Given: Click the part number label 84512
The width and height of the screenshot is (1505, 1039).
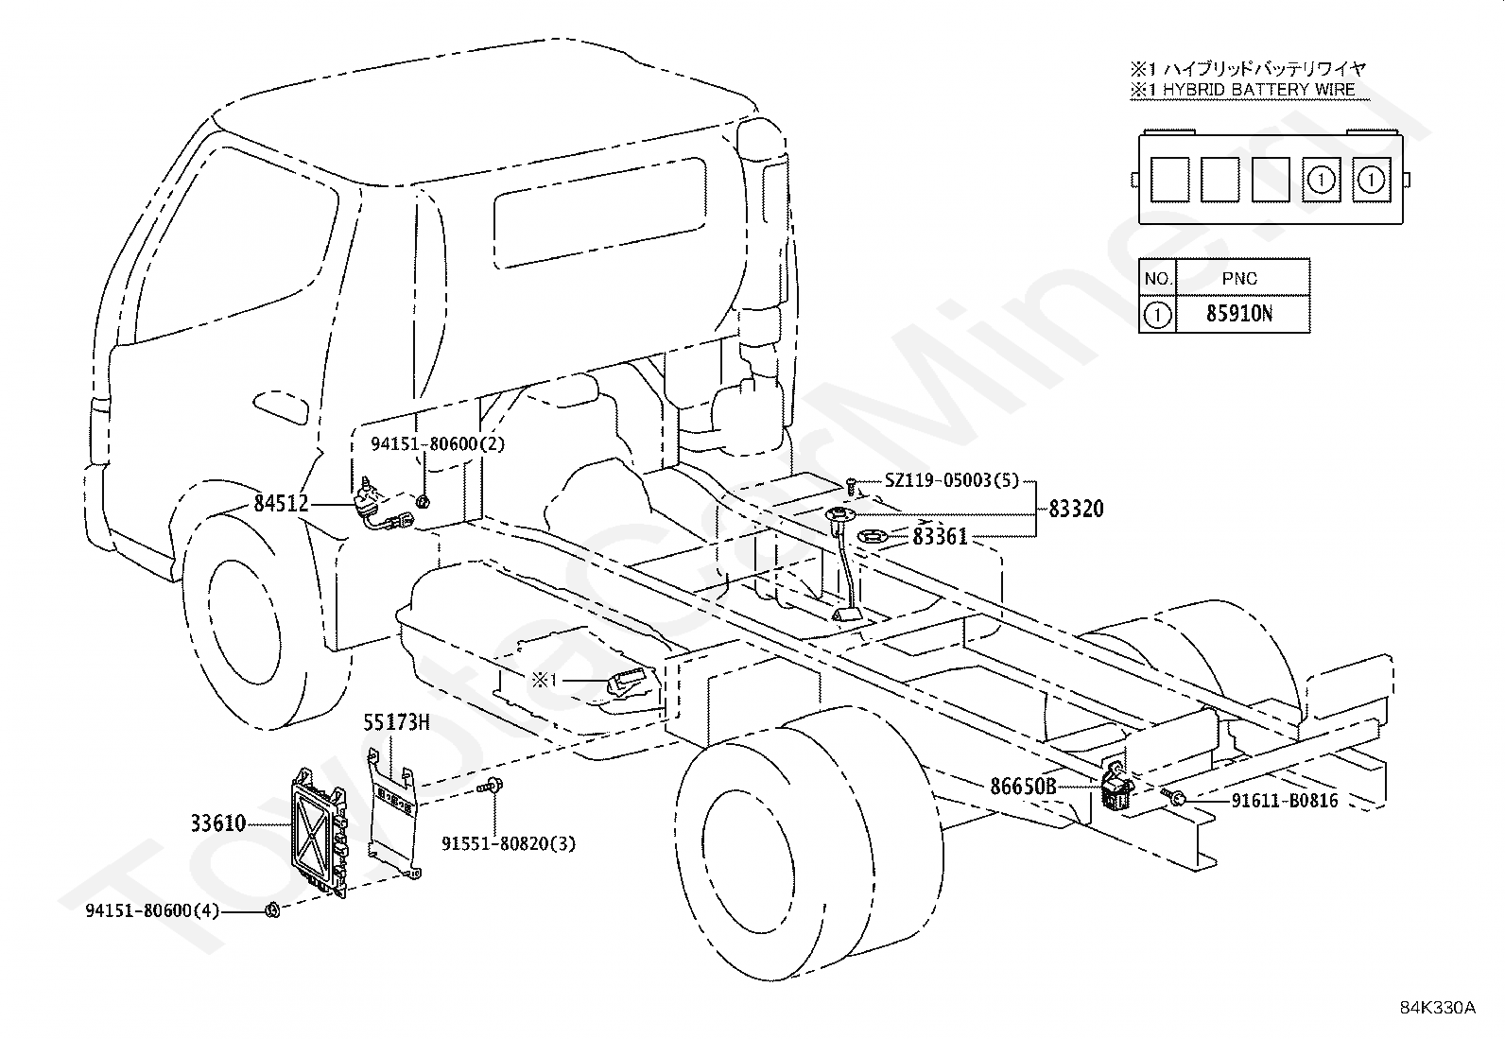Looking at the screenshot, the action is pyautogui.click(x=281, y=503).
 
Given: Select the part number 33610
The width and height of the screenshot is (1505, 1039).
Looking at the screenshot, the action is pyautogui.click(x=218, y=823).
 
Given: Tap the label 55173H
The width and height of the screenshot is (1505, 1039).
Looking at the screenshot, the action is pyautogui.click(x=396, y=722).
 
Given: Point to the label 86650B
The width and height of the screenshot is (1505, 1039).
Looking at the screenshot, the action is pyautogui.click(x=1023, y=787).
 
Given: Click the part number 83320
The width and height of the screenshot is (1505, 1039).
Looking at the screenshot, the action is pyautogui.click(x=1077, y=510).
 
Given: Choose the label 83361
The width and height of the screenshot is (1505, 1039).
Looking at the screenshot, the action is pyautogui.click(x=940, y=536).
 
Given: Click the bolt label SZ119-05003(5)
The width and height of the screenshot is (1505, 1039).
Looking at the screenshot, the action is pyautogui.click(x=952, y=480).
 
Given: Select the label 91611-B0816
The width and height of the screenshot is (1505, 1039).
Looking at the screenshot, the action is pyautogui.click(x=1285, y=801).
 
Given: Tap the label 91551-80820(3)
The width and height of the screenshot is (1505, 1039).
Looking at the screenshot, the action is pyautogui.click(x=509, y=843).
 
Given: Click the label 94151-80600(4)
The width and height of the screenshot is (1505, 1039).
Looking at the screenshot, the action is pyautogui.click(x=152, y=910).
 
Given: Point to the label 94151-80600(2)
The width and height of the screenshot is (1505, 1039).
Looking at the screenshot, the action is pyautogui.click(x=438, y=444).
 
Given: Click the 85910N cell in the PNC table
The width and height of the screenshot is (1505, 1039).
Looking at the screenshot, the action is pyautogui.click(x=1239, y=314).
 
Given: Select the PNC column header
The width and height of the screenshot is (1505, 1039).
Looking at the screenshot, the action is pyautogui.click(x=1239, y=278).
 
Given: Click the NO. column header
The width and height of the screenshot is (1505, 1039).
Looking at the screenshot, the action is pyautogui.click(x=1158, y=278).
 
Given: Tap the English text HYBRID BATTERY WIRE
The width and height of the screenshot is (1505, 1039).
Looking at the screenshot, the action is pyautogui.click(x=1258, y=90).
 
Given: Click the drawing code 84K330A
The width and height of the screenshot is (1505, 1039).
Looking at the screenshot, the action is pyautogui.click(x=1437, y=1008).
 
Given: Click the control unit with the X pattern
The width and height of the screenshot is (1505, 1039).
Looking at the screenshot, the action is pyautogui.click(x=320, y=832).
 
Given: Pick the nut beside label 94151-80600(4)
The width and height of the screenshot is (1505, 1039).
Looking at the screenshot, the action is pyautogui.click(x=273, y=910).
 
